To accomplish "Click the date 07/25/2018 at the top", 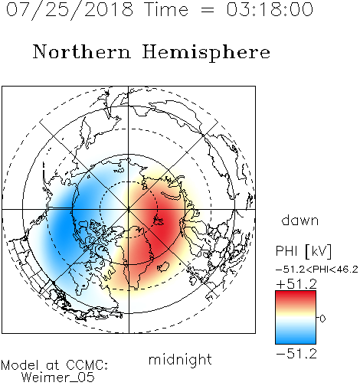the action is click(70, 10).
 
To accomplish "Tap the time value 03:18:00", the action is click(270, 9).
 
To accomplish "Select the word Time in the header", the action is click(166, 9).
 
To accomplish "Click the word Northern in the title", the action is click(82, 51).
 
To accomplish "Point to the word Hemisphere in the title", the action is click(206, 53).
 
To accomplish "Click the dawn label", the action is click(300, 220).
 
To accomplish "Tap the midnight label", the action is click(180, 360).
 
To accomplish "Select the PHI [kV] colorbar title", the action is click(303, 251).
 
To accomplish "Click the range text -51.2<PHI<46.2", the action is click(317, 270).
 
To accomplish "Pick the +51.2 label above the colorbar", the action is click(296, 284).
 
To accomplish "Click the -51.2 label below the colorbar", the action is click(296, 354).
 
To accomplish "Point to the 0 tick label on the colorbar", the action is click(322, 319).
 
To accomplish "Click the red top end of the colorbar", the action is click(296, 293).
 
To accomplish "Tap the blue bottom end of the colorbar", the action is click(296, 342).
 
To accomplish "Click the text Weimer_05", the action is click(58, 378).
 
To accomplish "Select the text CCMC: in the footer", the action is click(87, 365).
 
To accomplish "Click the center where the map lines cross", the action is click(129, 209).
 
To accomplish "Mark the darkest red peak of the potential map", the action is click(161, 224).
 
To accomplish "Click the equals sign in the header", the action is click(207, 10).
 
